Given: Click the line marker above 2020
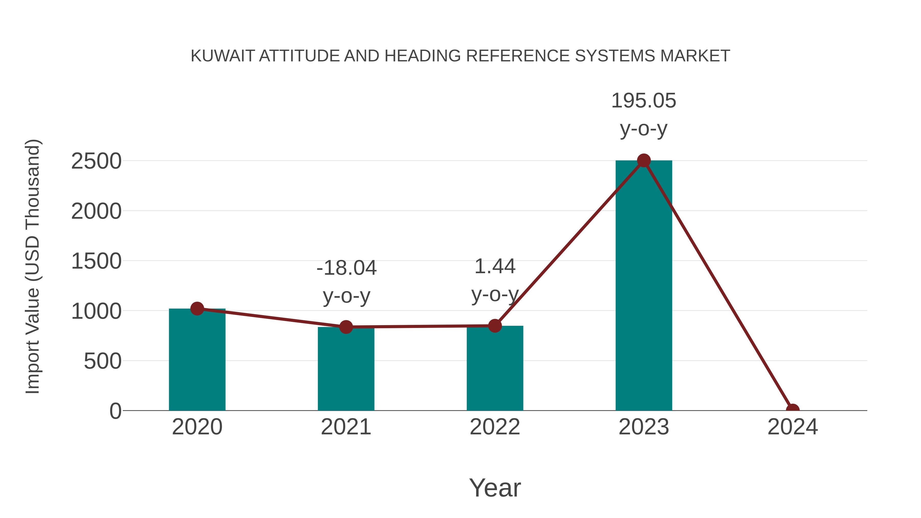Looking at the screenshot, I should pyautogui.click(x=197, y=308).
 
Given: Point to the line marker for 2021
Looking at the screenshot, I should pyautogui.click(x=346, y=327).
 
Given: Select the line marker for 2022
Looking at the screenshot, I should pyautogui.click(x=495, y=326).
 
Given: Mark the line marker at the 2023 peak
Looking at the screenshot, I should pyautogui.click(x=644, y=160).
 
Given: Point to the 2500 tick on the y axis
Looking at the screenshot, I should pyautogui.click(x=96, y=161).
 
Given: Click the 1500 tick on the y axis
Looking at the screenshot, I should pyautogui.click(x=96, y=261).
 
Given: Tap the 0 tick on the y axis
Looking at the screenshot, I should pyautogui.click(x=115, y=411).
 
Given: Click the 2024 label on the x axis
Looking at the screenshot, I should pyautogui.click(x=792, y=427).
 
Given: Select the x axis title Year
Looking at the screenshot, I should pyautogui.click(x=495, y=488).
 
